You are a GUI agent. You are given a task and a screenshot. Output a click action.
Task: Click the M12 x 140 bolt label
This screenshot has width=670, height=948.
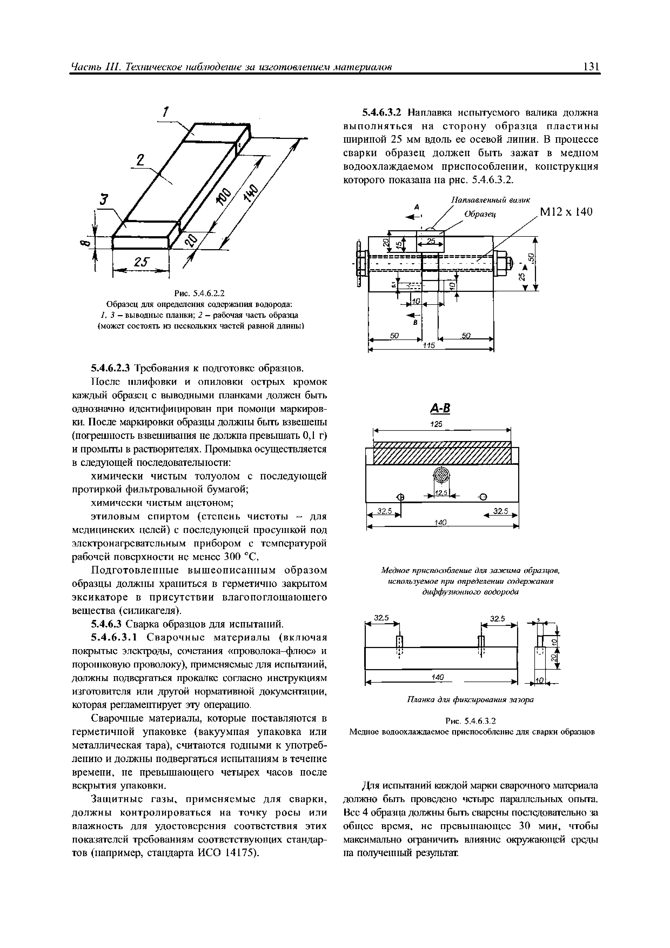tap(566, 212)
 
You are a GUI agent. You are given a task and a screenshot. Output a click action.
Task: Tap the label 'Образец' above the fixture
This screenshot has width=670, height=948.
tap(480, 214)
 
